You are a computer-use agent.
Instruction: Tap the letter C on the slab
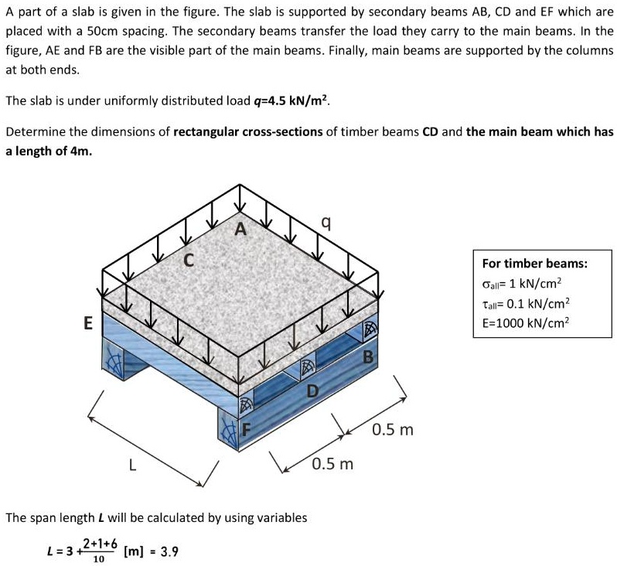click(x=188, y=261)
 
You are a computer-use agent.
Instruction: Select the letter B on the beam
click(x=368, y=356)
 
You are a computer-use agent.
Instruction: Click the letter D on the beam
click(x=312, y=390)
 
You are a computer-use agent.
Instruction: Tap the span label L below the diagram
click(x=133, y=465)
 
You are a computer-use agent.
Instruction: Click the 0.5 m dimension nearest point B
click(x=393, y=428)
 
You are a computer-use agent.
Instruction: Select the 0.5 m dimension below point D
click(x=332, y=464)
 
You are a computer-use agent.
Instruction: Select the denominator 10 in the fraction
click(x=97, y=558)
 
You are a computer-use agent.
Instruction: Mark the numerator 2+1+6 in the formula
click(x=97, y=544)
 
